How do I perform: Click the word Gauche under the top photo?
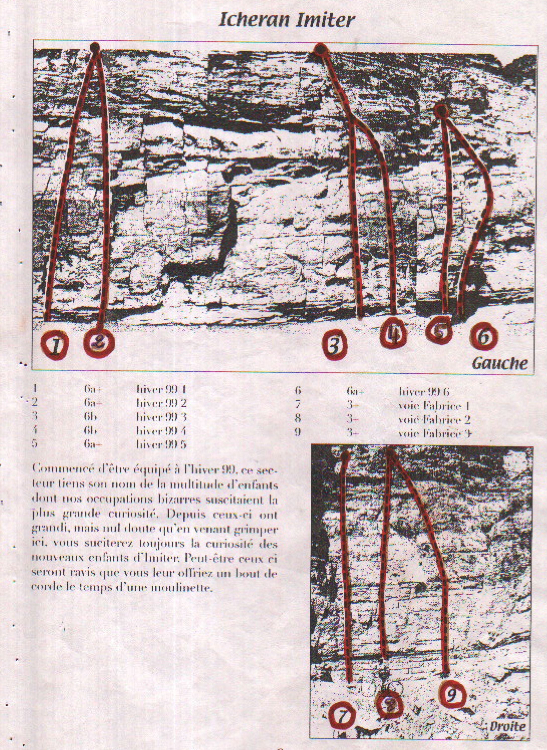pyautogui.click(x=499, y=363)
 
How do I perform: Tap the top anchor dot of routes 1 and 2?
pyautogui.click(x=95, y=48)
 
